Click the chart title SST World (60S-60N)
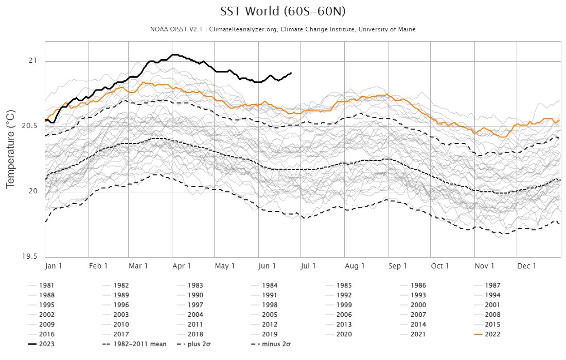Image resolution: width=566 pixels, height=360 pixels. pos(282,12)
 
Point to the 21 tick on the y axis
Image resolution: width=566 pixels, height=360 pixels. pos(34,61)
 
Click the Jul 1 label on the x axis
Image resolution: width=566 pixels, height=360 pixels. pos(308,266)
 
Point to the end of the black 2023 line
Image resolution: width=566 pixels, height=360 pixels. pos(291,73)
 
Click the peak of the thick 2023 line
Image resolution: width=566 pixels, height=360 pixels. pos(175,55)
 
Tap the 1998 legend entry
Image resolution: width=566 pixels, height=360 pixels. pos(270,305)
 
